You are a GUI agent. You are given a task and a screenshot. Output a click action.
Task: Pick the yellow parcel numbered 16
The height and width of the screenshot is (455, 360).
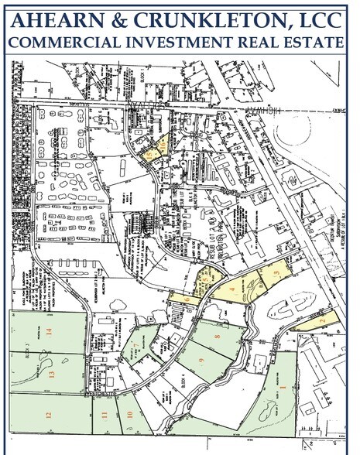click(x=163, y=144)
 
